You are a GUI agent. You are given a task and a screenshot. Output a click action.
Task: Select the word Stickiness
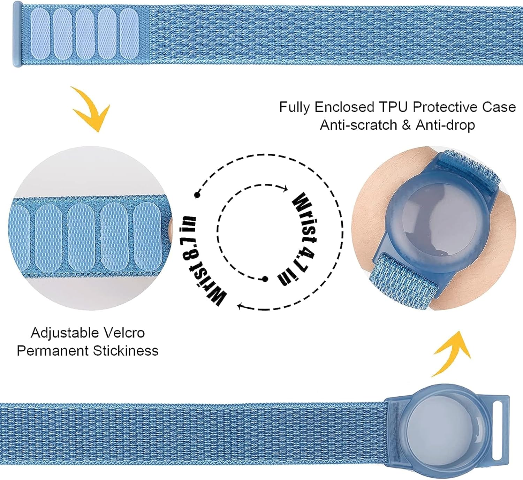pos(126,351)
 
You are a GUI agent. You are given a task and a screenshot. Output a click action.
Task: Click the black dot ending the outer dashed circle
pos(197,195)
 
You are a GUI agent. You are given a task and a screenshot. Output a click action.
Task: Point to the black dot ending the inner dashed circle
pos(265,279)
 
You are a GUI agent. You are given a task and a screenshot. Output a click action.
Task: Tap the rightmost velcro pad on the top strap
pos(129,33)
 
